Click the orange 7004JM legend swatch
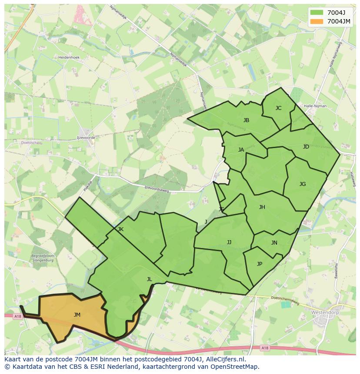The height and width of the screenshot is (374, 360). [317, 21]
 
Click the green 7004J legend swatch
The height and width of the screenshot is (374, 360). [317, 12]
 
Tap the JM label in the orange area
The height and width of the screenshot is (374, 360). [77, 315]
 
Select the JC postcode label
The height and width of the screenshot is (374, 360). [278, 108]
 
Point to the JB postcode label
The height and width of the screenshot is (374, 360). [246, 120]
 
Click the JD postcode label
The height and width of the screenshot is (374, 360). [306, 147]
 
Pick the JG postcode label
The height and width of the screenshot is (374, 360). [303, 184]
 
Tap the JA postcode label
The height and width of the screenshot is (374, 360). [241, 150]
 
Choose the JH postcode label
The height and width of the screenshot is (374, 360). [262, 207]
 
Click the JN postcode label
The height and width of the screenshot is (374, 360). [274, 243]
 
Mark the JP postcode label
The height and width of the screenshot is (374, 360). [260, 264]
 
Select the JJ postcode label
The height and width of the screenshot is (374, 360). [229, 242]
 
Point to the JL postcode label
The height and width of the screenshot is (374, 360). [149, 279]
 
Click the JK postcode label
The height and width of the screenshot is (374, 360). [120, 229]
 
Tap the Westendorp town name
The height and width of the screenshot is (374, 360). [324, 312]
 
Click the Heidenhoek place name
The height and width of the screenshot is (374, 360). [69, 57]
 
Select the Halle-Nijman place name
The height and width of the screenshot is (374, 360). [316, 106]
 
